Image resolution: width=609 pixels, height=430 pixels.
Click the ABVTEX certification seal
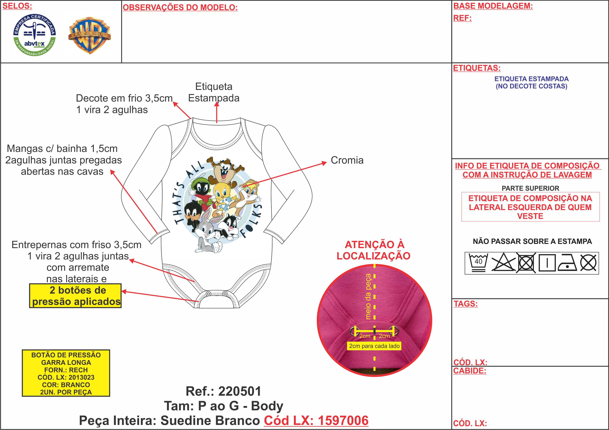[35, 35]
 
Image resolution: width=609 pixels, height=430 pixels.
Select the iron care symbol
[567, 263]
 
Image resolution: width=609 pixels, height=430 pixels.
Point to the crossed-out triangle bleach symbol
[503, 263]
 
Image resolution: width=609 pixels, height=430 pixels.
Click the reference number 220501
[239, 391]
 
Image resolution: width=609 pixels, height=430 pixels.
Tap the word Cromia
[347, 160]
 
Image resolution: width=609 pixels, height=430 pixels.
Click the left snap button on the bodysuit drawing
[208, 294]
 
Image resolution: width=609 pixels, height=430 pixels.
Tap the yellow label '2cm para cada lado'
[374, 346]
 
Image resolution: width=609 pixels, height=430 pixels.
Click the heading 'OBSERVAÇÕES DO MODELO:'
[180, 8]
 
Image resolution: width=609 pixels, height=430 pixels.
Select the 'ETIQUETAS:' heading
[477, 68]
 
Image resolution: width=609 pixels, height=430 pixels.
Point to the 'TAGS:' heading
[466, 304]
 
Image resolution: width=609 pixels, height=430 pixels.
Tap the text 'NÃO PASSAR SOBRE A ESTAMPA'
[532, 241]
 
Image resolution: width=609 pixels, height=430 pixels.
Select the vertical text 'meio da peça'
[368, 297]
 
